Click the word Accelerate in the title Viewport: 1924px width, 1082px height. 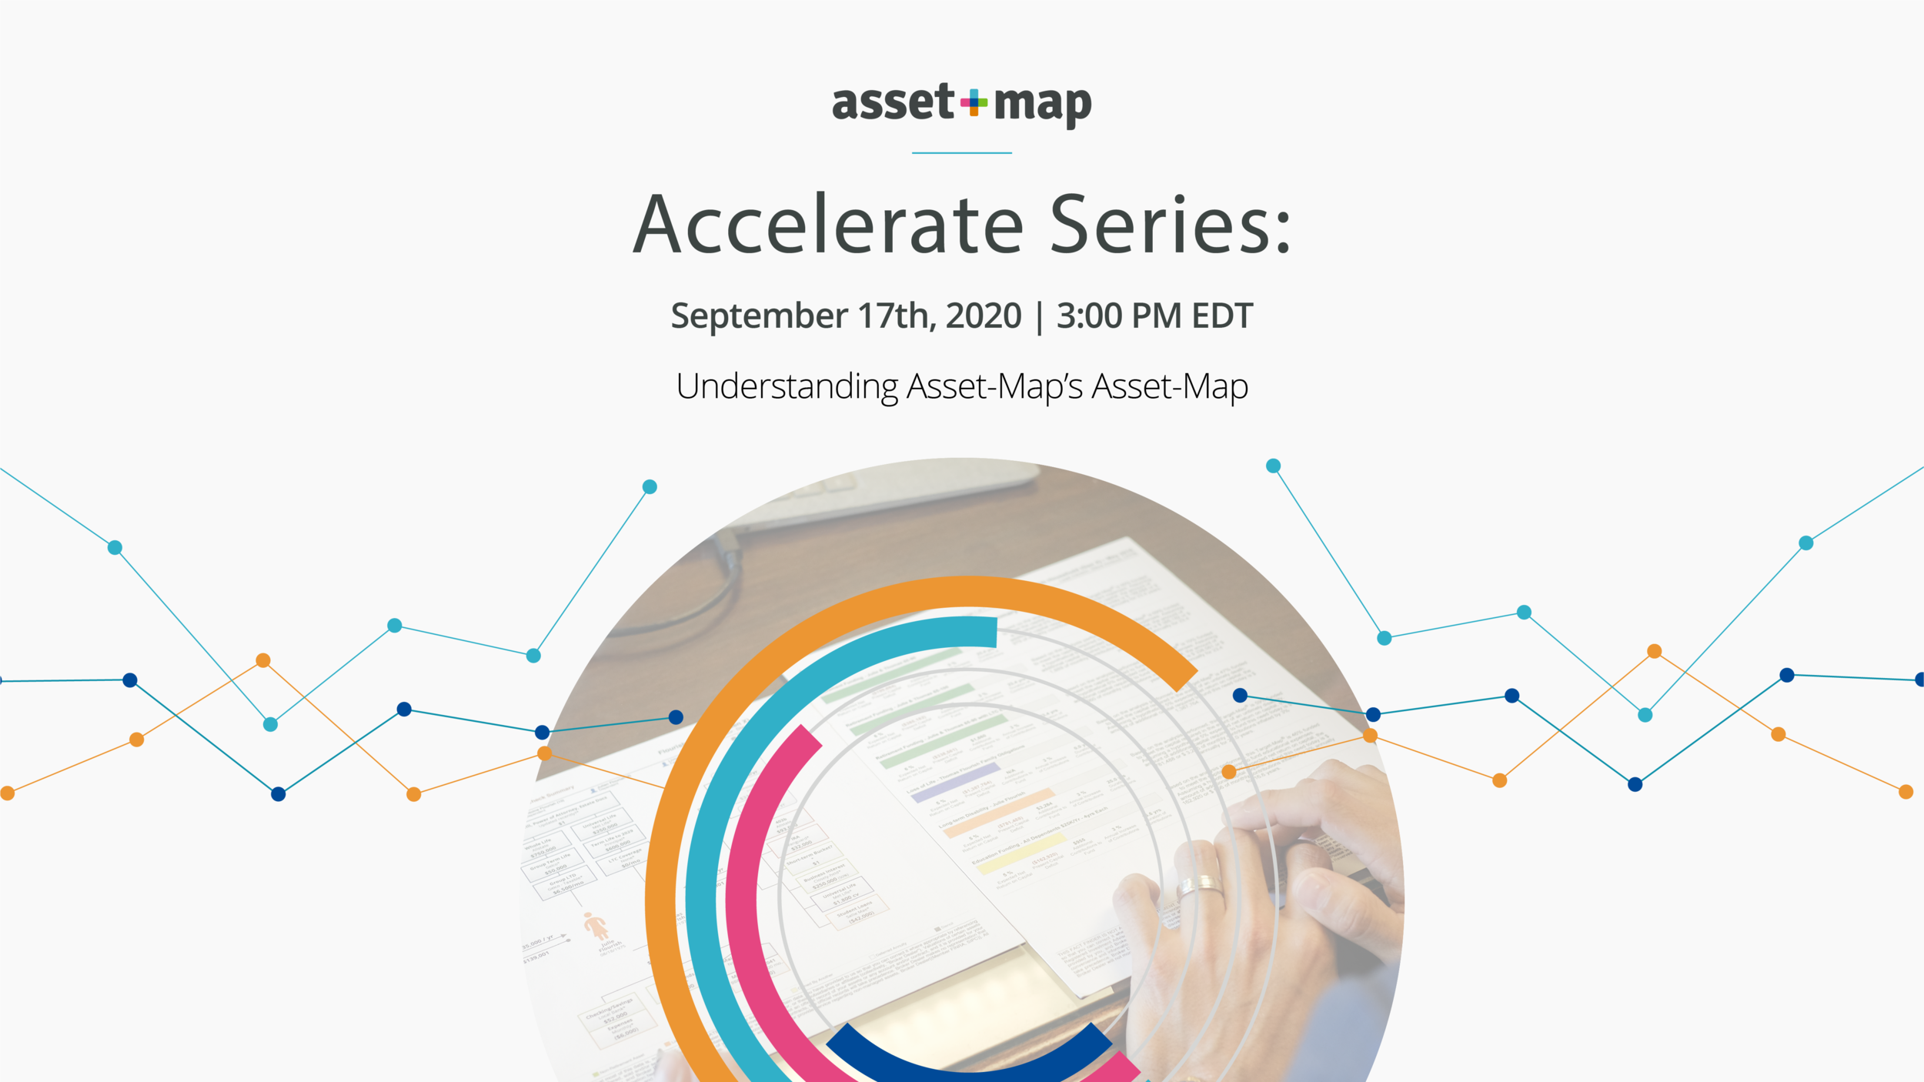pos(828,225)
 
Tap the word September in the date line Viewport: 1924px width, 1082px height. pos(759,316)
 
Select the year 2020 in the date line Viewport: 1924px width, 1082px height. pos(983,316)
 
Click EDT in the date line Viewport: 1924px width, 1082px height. pos(1222,316)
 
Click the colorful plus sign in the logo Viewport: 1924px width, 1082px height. pos(974,102)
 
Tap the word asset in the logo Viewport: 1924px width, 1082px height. pos(893,103)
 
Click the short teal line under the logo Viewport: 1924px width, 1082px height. pos(961,153)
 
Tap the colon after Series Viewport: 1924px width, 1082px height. pos(1282,231)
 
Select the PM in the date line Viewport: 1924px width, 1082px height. pos(1157,316)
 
